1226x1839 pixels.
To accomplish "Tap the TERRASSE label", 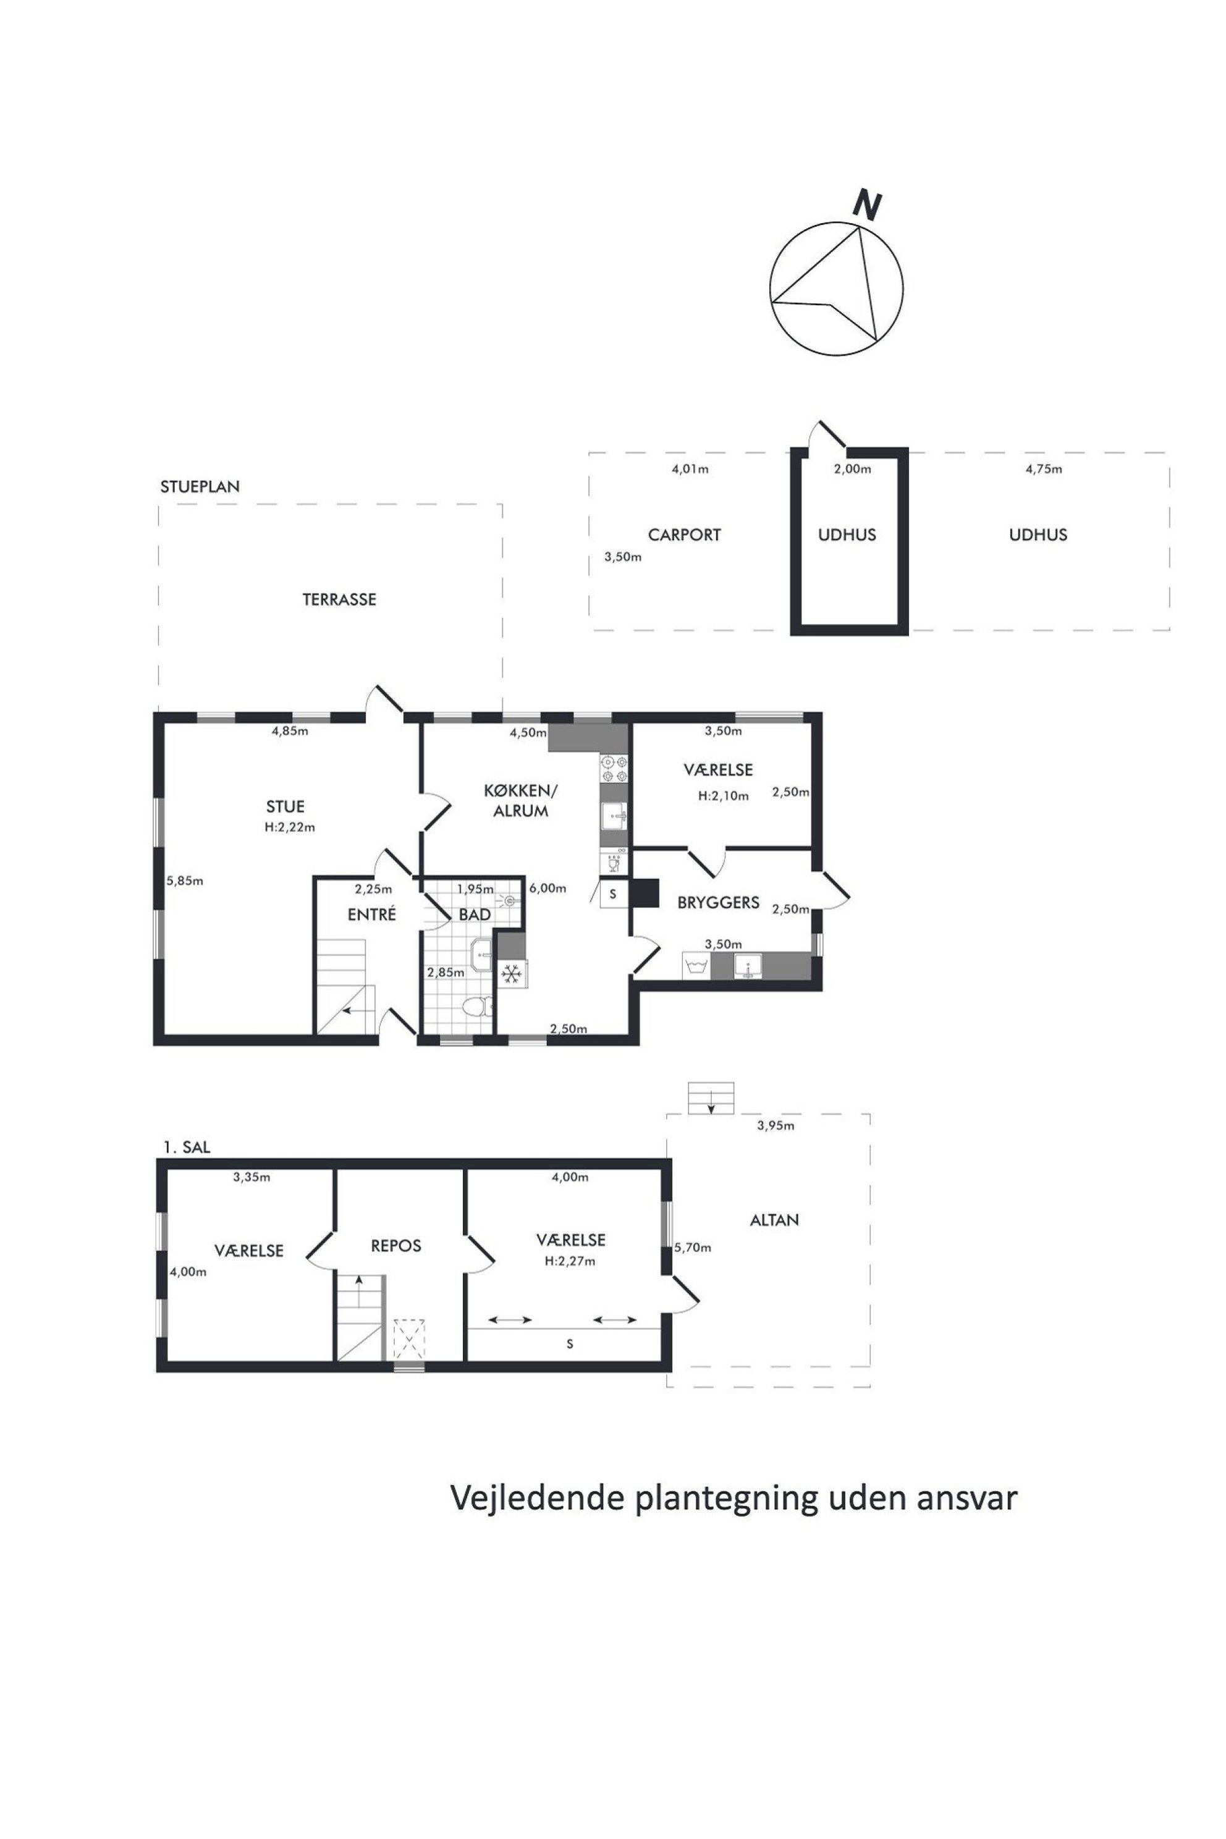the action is [339, 599].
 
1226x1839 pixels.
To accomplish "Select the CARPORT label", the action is [684, 535].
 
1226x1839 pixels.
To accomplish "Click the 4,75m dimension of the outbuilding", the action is [1044, 469].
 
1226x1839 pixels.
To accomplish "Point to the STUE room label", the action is [285, 806].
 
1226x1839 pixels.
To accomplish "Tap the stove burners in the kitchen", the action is [614, 769].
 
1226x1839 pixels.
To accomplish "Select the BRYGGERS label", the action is [718, 902].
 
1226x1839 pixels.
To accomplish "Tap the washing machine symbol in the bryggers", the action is [696, 966].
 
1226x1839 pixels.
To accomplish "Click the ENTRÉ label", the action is [371, 914].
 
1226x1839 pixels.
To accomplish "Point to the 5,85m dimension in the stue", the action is [185, 881].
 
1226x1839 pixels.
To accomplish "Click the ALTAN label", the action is [774, 1220].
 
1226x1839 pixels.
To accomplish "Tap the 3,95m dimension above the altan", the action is [775, 1126].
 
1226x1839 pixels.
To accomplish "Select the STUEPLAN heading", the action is [200, 486].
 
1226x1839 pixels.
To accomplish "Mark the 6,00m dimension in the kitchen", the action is [547, 888].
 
